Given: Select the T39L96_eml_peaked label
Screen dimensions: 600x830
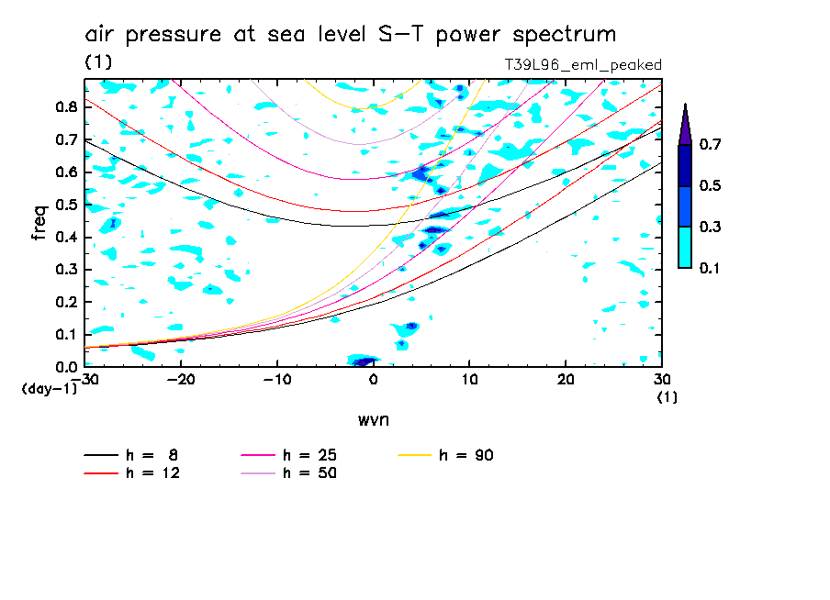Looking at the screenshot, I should click(583, 64).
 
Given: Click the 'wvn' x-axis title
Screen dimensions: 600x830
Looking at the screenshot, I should click(373, 419).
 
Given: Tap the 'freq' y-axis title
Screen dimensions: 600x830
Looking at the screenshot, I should click(39, 223).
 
